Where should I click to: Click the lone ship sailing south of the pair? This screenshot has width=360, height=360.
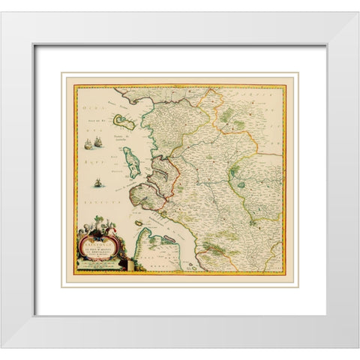pos(98,181)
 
